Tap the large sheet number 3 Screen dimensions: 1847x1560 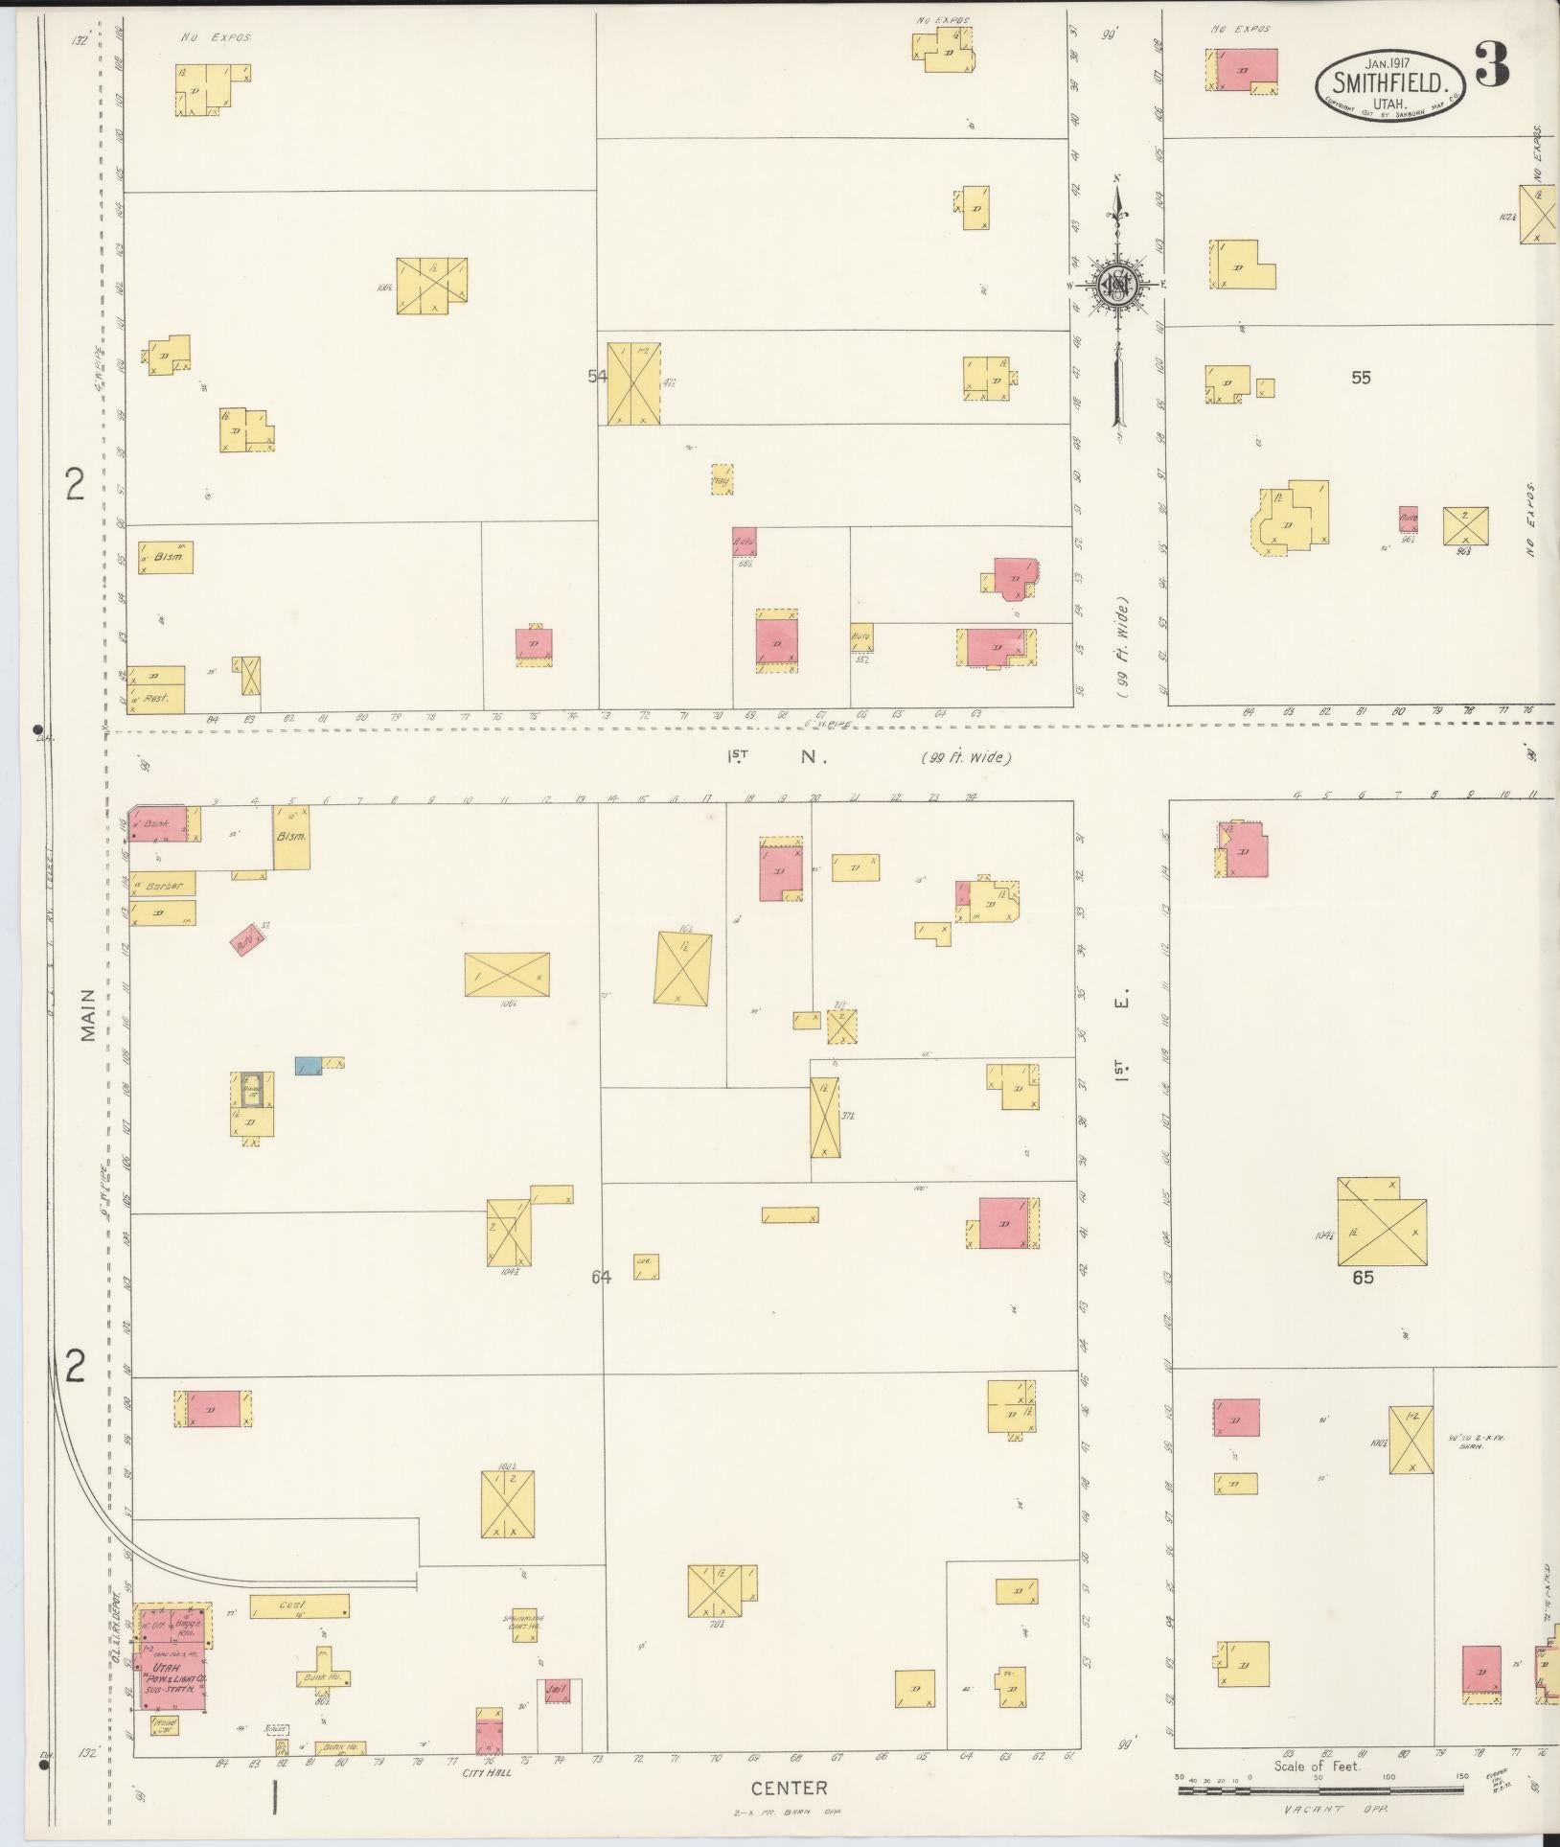point(1492,64)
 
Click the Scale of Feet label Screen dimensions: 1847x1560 point(1318,1766)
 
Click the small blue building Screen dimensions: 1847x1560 point(308,1065)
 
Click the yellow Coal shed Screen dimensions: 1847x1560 point(299,1605)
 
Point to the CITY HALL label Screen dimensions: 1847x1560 point(488,1772)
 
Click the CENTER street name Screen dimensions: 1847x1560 point(789,1788)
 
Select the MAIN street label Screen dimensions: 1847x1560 point(90,1015)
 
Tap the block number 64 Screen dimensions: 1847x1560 point(601,1277)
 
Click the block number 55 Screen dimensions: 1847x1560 point(1361,378)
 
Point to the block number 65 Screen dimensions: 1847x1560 point(1363,1278)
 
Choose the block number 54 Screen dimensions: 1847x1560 point(597,377)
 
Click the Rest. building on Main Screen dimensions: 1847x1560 point(156,699)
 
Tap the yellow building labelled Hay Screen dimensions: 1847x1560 point(723,479)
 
